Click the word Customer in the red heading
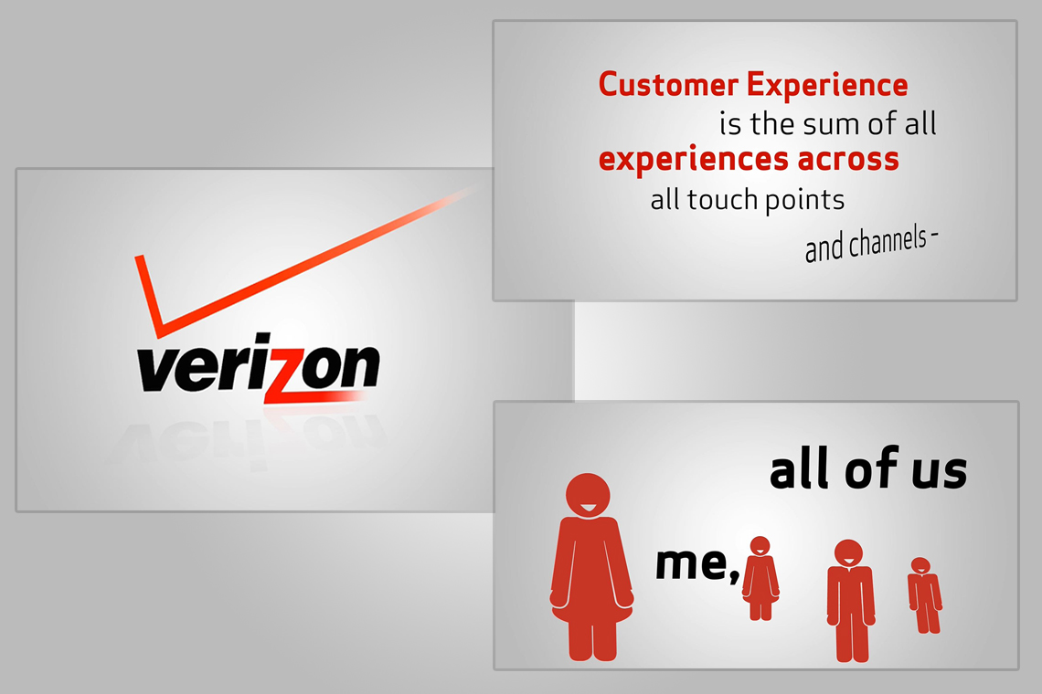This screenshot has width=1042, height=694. pos(668,85)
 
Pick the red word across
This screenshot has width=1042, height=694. pos(848,160)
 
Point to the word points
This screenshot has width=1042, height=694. pos(804,201)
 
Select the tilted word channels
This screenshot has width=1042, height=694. pos(888,242)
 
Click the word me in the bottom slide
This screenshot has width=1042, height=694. pos(692,563)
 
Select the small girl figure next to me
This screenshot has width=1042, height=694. pos(760,578)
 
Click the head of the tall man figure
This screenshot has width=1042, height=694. pos(848,553)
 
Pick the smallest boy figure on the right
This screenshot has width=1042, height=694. pos(924,595)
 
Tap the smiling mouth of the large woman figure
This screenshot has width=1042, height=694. pos(588,509)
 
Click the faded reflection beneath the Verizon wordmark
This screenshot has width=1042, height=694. pos(252,438)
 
